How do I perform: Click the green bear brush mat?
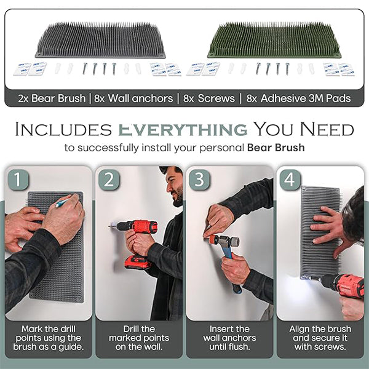(x=274, y=41)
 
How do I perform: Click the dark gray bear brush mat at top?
(x=100, y=41)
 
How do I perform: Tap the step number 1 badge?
(x=18, y=180)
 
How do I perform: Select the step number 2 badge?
(x=109, y=180)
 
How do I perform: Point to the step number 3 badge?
(x=199, y=180)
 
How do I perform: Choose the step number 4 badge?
(x=290, y=180)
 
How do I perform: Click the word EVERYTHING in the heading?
(x=183, y=129)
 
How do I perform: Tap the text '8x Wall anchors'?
(x=133, y=98)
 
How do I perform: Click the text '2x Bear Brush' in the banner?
(x=52, y=98)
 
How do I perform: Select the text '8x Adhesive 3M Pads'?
(x=299, y=98)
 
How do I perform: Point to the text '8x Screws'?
(x=209, y=98)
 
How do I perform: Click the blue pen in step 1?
(x=62, y=203)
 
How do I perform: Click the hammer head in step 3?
(x=224, y=240)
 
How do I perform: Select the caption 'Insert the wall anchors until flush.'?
(x=229, y=338)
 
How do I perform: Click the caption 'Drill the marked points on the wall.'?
(x=139, y=338)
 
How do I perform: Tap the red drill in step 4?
(x=339, y=285)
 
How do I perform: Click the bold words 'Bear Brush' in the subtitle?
(x=276, y=148)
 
